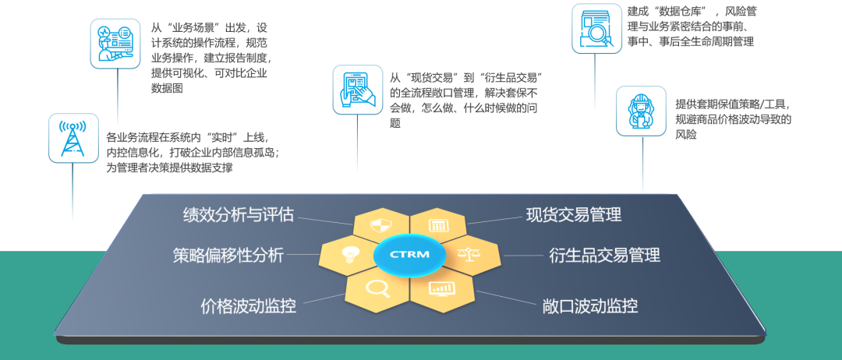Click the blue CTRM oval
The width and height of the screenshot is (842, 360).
(409, 254)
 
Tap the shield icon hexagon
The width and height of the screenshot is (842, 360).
(381, 226)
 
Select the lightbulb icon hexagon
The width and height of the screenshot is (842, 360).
(348, 255)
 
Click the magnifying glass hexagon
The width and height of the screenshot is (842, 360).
(378, 288)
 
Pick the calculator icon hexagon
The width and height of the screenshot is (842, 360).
(438, 226)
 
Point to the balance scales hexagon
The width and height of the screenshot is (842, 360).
(469, 254)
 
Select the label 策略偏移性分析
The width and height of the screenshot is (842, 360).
(228, 255)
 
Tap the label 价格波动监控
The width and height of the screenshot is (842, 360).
(248, 305)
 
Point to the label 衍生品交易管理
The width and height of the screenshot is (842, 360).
(604, 255)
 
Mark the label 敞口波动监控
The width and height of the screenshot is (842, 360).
(589, 305)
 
